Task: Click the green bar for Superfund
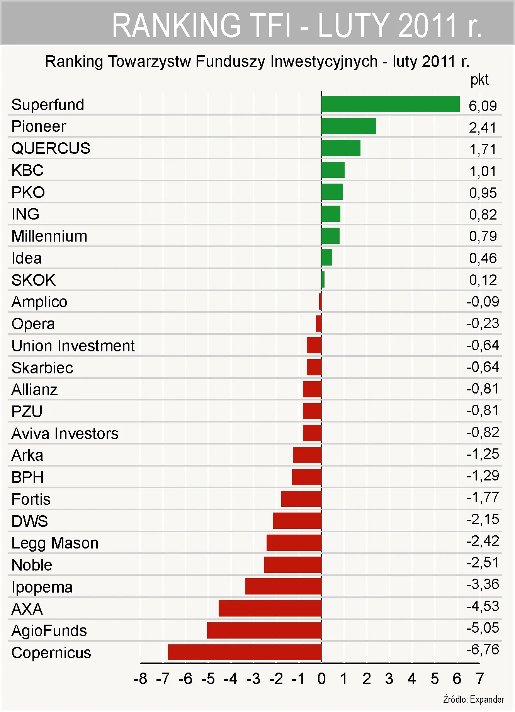(390, 104)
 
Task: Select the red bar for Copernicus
(245, 652)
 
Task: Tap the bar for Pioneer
(348, 126)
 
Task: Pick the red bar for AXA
(270, 608)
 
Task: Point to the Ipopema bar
(283, 586)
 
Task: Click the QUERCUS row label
(51, 148)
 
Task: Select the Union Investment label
(73, 346)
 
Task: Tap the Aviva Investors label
(65, 434)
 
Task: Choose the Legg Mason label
(55, 543)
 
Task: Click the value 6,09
(483, 106)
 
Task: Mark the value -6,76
(483, 650)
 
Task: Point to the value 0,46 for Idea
(483, 258)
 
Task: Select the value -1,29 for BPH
(483, 475)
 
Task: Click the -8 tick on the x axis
(140, 679)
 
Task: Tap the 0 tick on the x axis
(321, 679)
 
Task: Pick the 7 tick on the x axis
(480, 679)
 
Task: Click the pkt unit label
(479, 80)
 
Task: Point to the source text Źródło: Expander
(473, 699)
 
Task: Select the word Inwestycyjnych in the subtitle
(324, 62)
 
